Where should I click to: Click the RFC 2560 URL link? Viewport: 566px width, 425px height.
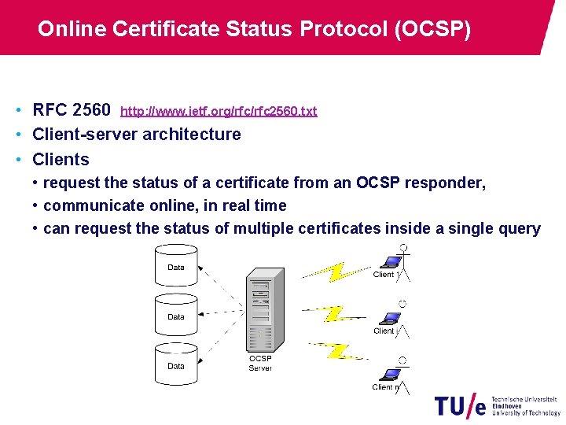coord(219,111)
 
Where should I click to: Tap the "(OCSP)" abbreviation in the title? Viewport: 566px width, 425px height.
coord(434,29)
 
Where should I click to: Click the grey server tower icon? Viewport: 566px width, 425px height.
coord(264,311)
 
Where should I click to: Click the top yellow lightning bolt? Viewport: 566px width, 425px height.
coord(336,271)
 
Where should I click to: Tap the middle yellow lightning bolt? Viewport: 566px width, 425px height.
coord(334,313)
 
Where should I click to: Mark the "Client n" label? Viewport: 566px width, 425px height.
coord(386,386)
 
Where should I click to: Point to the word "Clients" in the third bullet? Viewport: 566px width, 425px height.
coord(61,159)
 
